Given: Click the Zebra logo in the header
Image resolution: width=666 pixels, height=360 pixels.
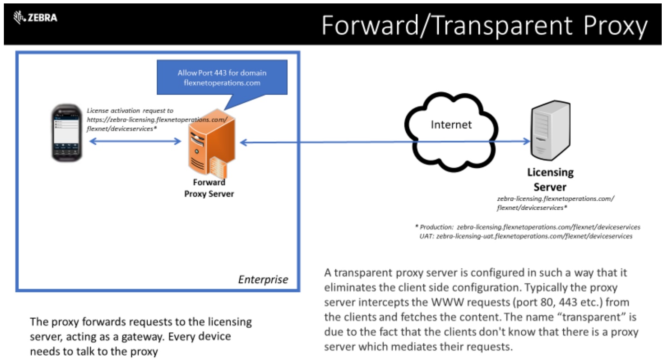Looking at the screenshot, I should coord(35,18).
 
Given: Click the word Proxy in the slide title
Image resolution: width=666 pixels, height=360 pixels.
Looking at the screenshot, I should coord(615,26).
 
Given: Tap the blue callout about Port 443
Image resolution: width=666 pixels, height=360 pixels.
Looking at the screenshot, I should coord(222,77).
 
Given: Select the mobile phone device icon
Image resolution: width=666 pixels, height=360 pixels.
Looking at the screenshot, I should coord(66,133).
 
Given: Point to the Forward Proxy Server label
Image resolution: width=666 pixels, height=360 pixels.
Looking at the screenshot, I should coord(209,188).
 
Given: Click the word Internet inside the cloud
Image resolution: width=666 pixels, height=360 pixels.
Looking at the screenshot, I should coord(451,125).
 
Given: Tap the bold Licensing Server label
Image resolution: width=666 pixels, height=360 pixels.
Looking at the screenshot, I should coord(550,179).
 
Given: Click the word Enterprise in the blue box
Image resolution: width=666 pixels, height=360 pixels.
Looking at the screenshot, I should coord(263,280).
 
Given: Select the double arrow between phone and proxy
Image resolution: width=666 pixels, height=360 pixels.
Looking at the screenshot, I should coord(135,141).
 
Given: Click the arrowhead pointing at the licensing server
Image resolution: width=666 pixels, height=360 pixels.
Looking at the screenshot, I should coord(526,141).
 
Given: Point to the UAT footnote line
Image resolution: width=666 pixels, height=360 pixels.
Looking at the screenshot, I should coord(526,236).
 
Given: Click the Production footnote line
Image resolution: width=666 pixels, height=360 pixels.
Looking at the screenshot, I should coord(528,227).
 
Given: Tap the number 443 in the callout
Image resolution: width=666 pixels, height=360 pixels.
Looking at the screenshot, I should coord(220,73).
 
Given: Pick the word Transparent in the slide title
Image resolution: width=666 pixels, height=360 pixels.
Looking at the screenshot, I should coord(502,26).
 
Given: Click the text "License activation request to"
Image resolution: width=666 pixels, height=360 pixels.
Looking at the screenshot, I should coord(130,110).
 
